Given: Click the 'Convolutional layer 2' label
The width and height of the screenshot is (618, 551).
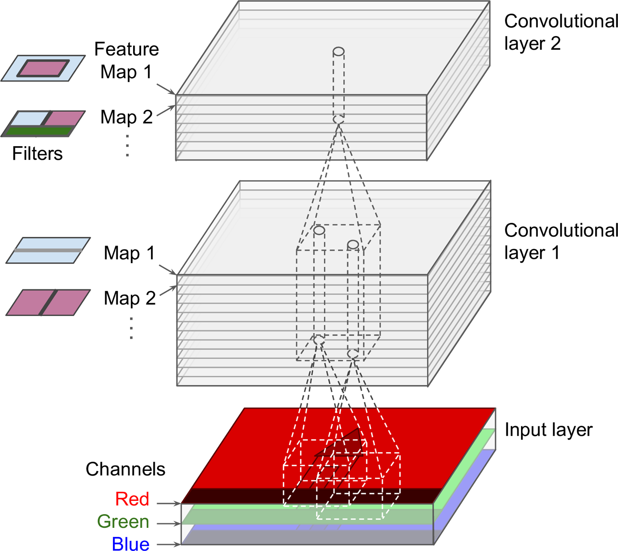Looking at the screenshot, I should click(560, 32).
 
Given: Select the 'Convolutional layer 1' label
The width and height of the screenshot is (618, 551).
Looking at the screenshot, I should click(560, 241).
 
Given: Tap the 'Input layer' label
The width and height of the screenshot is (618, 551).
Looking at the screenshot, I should click(548, 430).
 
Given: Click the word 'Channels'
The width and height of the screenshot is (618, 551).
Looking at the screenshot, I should click(125, 469).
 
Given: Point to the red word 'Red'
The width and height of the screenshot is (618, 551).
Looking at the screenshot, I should click(132, 499).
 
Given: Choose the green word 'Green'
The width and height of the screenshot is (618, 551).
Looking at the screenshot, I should click(123, 521).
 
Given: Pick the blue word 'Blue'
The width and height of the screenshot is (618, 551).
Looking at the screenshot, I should click(130, 544).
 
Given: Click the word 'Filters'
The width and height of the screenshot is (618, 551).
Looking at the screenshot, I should click(37, 153).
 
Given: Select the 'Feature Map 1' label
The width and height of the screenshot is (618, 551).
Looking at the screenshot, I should click(126, 60).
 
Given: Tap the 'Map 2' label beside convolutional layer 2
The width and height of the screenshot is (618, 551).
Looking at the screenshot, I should click(126, 117).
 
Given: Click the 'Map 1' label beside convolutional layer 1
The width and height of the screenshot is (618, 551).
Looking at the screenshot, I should click(129, 253).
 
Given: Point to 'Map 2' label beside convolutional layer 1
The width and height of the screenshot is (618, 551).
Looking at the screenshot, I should click(130, 298).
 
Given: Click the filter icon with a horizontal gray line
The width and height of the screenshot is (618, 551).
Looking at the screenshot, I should click(48, 250).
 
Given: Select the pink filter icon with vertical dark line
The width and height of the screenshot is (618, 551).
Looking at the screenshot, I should click(48, 302).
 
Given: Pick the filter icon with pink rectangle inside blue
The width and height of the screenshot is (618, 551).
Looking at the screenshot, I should click(43, 68).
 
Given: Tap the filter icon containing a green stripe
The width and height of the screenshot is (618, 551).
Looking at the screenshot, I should click(43, 124).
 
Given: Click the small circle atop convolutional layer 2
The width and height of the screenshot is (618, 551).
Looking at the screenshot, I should click(339, 52).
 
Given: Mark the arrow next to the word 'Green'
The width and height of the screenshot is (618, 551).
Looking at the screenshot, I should click(168, 523).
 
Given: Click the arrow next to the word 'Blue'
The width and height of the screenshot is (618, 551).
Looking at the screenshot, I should click(168, 545).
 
